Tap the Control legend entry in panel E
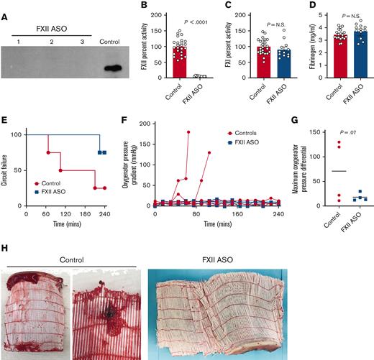pos(49,184)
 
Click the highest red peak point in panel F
pos(188,132)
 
